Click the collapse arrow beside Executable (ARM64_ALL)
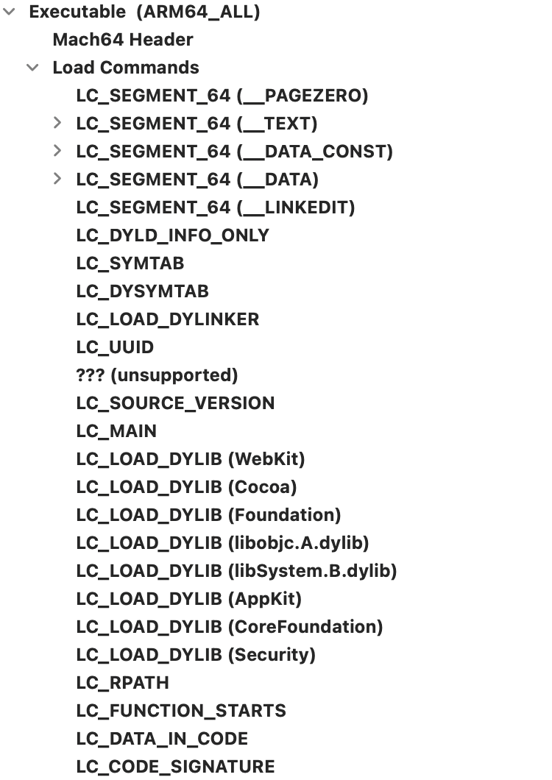(x=9, y=12)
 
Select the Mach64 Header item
(x=123, y=40)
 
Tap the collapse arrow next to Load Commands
(x=32, y=67)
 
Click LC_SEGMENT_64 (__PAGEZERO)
(x=222, y=96)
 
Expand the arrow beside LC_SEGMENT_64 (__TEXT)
(x=57, y=122)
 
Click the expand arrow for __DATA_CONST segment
(x=57, y=150)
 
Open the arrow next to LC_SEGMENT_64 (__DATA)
(x=57, y=178)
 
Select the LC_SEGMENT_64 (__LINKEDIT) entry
(x=216, y=208)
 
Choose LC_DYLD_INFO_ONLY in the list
(x=173, y=235)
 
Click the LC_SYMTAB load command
(x=130, y=263)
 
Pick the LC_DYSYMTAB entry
(x=142, y=291)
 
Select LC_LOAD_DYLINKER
(x=168, y=319)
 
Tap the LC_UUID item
(x=115, y=347)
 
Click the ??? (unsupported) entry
(x=157, y=375)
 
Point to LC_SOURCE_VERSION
(x=175, y=403)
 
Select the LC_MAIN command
(x=116, y=430)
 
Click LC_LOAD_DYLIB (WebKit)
(x=191, y=458)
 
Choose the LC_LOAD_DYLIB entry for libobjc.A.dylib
(x=222, y=543)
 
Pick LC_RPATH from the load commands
(x=122, y=683)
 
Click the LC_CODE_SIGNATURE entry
(x=175, y=767)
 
